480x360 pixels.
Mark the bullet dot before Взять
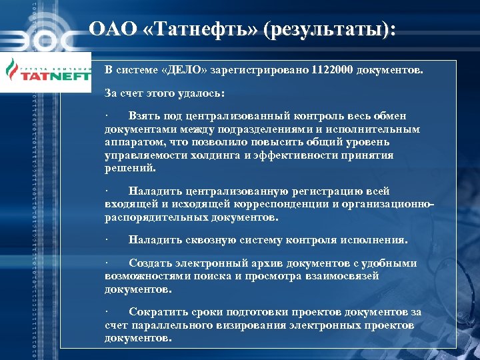107,116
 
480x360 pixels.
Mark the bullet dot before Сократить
107,312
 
